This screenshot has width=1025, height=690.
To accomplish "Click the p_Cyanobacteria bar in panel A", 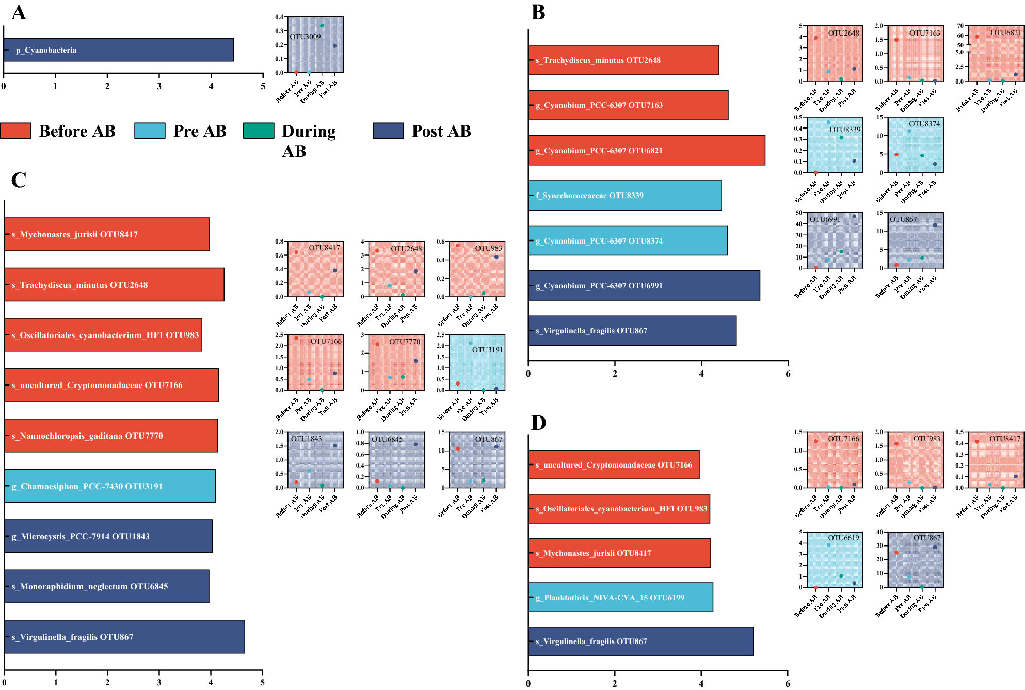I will (x=118, y=50).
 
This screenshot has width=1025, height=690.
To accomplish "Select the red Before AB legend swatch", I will (x=15, y=131).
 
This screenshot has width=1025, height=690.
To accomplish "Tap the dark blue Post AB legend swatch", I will (x=388, y=131).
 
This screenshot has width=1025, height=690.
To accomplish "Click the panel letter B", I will (x=538, y=12).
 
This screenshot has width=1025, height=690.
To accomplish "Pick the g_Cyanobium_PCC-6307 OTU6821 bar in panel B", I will (x=646, y=150).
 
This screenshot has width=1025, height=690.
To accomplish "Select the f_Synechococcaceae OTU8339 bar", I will (x=624, y=196).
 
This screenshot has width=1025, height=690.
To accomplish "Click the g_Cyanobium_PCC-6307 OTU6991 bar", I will (x=644, y=286).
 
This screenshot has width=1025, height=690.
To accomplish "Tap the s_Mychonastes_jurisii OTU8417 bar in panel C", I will (x=107, y=234).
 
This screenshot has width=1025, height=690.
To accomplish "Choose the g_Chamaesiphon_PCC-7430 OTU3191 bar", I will (x=109, y=486).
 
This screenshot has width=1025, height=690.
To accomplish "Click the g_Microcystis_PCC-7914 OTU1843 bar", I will (x=108, y=536).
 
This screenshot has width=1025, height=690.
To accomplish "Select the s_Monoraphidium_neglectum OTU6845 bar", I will (x=106, y=586).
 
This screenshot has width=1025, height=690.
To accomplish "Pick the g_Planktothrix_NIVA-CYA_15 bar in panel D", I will (x=620, y=598).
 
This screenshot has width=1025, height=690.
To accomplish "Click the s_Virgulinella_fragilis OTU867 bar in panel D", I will (x=640, y=641).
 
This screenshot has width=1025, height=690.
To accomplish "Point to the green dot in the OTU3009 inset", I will (x=322, y=25).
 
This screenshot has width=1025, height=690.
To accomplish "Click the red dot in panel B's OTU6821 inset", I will (x=977, y=37).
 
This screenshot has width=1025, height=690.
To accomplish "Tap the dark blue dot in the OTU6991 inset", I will (x=854, y=216).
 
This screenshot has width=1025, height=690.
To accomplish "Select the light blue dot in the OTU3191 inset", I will (x=470, y=343).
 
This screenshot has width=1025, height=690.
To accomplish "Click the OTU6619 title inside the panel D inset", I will (x=843, y=538).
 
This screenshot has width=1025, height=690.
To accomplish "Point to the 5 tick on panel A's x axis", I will (x=263, y=86).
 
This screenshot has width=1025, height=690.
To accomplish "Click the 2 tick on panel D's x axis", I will (x=615, y=684).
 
